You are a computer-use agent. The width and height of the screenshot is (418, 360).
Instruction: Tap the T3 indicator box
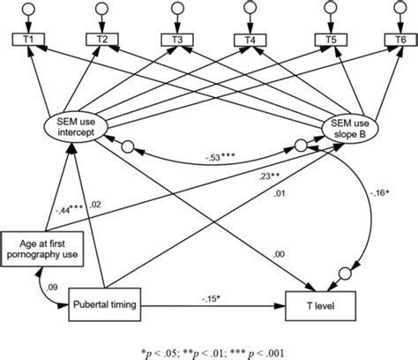coord(177,40)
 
